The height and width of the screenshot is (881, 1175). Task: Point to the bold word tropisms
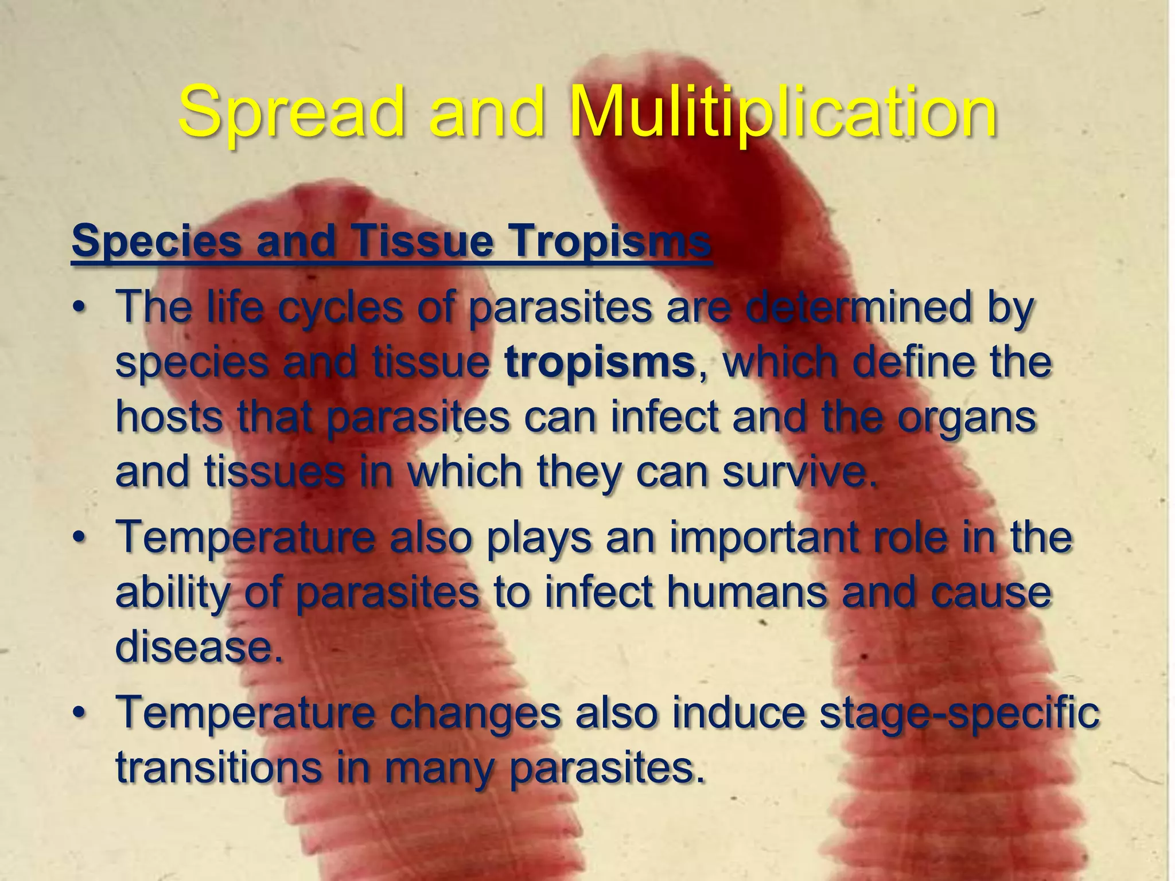click(x=600, y=362)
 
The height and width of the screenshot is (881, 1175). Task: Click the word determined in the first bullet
click(x=860, y=307)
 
